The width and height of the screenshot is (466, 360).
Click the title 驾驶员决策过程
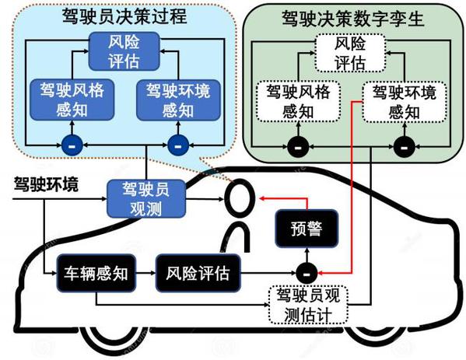(124, 16)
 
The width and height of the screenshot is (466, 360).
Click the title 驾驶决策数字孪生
(352, 19)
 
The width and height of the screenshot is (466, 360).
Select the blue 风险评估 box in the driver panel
(124, 51)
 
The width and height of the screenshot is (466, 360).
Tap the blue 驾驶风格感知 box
(72, 100)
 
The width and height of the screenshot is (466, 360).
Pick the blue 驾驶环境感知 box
(178, 100)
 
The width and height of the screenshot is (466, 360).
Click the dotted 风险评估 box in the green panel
(350, 53)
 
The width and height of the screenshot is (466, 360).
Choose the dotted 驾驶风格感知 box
(298, 101)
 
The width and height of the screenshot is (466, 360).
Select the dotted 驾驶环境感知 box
(405, 102)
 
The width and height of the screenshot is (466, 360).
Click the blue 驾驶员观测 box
(146, 199)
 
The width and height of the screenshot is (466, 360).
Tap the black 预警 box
(307, 229)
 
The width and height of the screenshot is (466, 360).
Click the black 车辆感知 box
(96, 273)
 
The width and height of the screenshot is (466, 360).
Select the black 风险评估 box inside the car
(198, 273)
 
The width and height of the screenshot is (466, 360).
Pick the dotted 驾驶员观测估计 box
(308, 305)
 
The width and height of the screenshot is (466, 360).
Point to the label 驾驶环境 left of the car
(47, 184)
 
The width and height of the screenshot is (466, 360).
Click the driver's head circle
(240, 198)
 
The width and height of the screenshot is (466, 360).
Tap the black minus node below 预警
(307, 273)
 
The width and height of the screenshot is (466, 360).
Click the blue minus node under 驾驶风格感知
(72, 145)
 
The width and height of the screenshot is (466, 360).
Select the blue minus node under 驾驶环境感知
(178, 145)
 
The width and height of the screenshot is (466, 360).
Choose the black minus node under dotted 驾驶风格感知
(298, 147)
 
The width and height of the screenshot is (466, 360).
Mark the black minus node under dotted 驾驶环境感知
(405, 147)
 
